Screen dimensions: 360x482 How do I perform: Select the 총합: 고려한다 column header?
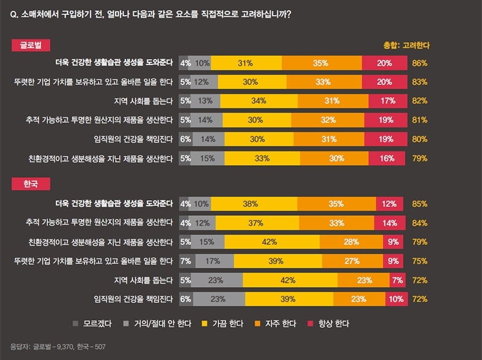point(406,45)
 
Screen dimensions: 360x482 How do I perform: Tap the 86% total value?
point(420,63)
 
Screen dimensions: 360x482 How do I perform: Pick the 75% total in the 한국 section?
point(420,261)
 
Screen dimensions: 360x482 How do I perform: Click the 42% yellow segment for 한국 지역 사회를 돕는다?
point(290,280)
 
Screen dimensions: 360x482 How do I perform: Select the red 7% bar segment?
point(397,280)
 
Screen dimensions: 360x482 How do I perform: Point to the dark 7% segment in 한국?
point(186,261)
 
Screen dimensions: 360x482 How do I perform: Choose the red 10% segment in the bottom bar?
point(395,298)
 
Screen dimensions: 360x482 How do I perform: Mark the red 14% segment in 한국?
point(390,223)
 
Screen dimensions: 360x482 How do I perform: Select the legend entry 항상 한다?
point(328,324)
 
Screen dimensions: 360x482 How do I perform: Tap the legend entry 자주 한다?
point(272,324)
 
